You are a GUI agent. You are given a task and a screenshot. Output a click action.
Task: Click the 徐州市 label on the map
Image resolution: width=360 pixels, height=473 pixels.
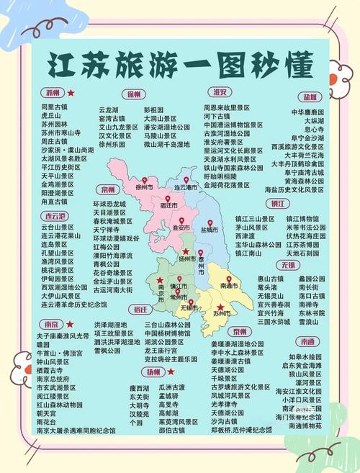pos(148,188)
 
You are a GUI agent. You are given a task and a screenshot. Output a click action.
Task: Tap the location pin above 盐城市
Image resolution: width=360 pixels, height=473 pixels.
pos(209,222)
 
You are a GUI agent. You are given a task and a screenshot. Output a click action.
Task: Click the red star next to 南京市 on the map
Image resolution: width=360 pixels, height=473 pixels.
pos(160,279)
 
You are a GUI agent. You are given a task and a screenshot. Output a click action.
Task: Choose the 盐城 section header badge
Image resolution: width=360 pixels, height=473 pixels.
pos(310,96)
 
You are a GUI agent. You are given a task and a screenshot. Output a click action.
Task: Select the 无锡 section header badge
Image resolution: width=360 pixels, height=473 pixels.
pos(288,265)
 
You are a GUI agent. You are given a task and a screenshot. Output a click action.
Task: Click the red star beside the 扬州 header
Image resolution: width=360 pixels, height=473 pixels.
pos(171,372)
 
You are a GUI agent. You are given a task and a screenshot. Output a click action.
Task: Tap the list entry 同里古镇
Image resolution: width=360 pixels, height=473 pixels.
pos(54,107)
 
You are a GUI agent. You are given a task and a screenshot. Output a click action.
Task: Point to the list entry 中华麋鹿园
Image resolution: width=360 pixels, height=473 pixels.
pos(307,112)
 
